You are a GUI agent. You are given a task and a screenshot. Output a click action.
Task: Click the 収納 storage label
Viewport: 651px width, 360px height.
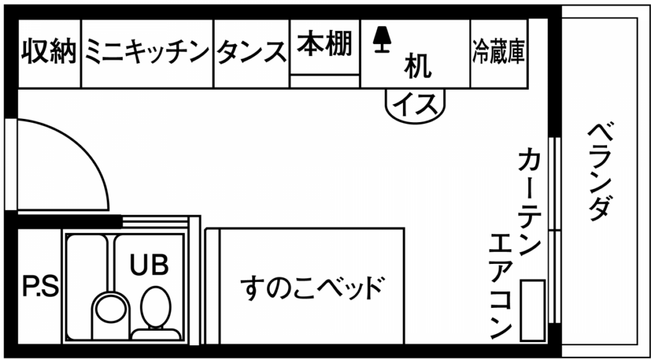[49, 52]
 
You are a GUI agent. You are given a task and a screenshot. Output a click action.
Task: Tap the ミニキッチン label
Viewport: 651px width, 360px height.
[147, 52]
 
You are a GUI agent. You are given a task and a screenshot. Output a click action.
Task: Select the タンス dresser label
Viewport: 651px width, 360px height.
[252, 52]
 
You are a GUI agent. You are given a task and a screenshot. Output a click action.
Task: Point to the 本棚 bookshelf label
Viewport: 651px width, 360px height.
[325, 44]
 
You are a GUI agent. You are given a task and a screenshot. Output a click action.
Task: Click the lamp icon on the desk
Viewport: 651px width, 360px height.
[380, 39]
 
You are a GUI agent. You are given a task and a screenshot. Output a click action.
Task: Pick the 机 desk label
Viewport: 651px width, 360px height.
[417, 66]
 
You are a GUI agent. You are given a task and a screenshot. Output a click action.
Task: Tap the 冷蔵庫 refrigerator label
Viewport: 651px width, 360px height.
[498, 52]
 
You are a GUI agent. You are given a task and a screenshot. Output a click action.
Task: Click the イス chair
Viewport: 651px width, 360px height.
[415, 106]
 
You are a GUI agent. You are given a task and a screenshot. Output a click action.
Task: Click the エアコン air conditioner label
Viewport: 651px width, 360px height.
[501, 286]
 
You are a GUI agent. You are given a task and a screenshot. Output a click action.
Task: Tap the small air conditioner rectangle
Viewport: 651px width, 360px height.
[533, 310]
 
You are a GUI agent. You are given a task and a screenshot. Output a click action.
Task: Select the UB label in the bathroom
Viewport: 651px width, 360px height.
[149, 265]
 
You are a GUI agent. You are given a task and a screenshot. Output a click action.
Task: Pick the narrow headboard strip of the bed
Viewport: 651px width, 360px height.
[212, 286]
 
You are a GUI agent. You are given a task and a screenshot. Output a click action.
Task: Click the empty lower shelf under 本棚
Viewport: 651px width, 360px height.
[325, 81]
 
